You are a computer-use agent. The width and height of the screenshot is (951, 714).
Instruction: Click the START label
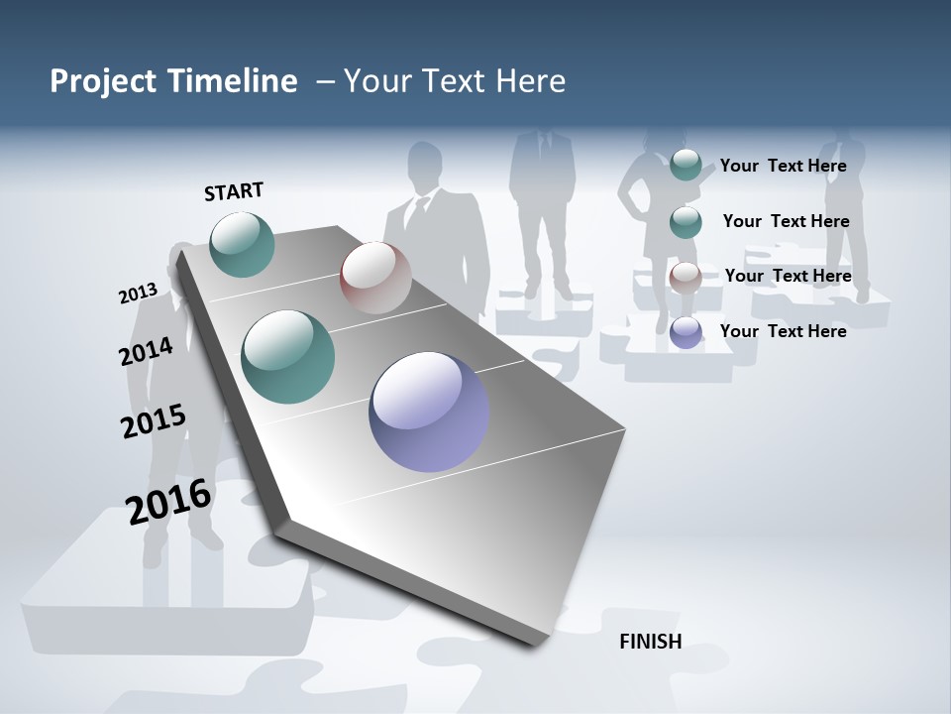(234, 191)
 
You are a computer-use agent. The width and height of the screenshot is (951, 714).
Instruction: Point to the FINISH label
(651, 642)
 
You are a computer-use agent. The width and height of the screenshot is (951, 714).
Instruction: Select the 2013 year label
(138, 294)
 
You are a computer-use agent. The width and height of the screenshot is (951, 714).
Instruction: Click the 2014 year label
(146, 351)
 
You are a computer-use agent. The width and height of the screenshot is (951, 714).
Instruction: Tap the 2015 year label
(153, 421)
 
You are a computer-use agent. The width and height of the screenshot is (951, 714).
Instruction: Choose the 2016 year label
(168, 502)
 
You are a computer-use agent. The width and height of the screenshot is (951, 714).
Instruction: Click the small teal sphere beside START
(242, 244)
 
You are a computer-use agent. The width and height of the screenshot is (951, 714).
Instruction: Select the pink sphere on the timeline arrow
(375, 277)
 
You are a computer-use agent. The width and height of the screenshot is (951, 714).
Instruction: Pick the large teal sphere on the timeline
(288, 357)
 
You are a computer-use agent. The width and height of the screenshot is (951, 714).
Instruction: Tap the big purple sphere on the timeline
(429, 412)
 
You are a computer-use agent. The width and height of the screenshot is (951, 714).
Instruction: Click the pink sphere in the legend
(685, 278)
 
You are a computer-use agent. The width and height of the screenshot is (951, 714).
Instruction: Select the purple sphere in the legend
(686, 332)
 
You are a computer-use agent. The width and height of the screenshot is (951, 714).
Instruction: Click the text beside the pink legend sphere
(788, 276)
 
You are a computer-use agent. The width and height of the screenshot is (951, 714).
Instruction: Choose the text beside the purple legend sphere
(783, 331)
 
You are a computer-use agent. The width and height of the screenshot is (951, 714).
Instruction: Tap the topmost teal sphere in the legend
(686, 165)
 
